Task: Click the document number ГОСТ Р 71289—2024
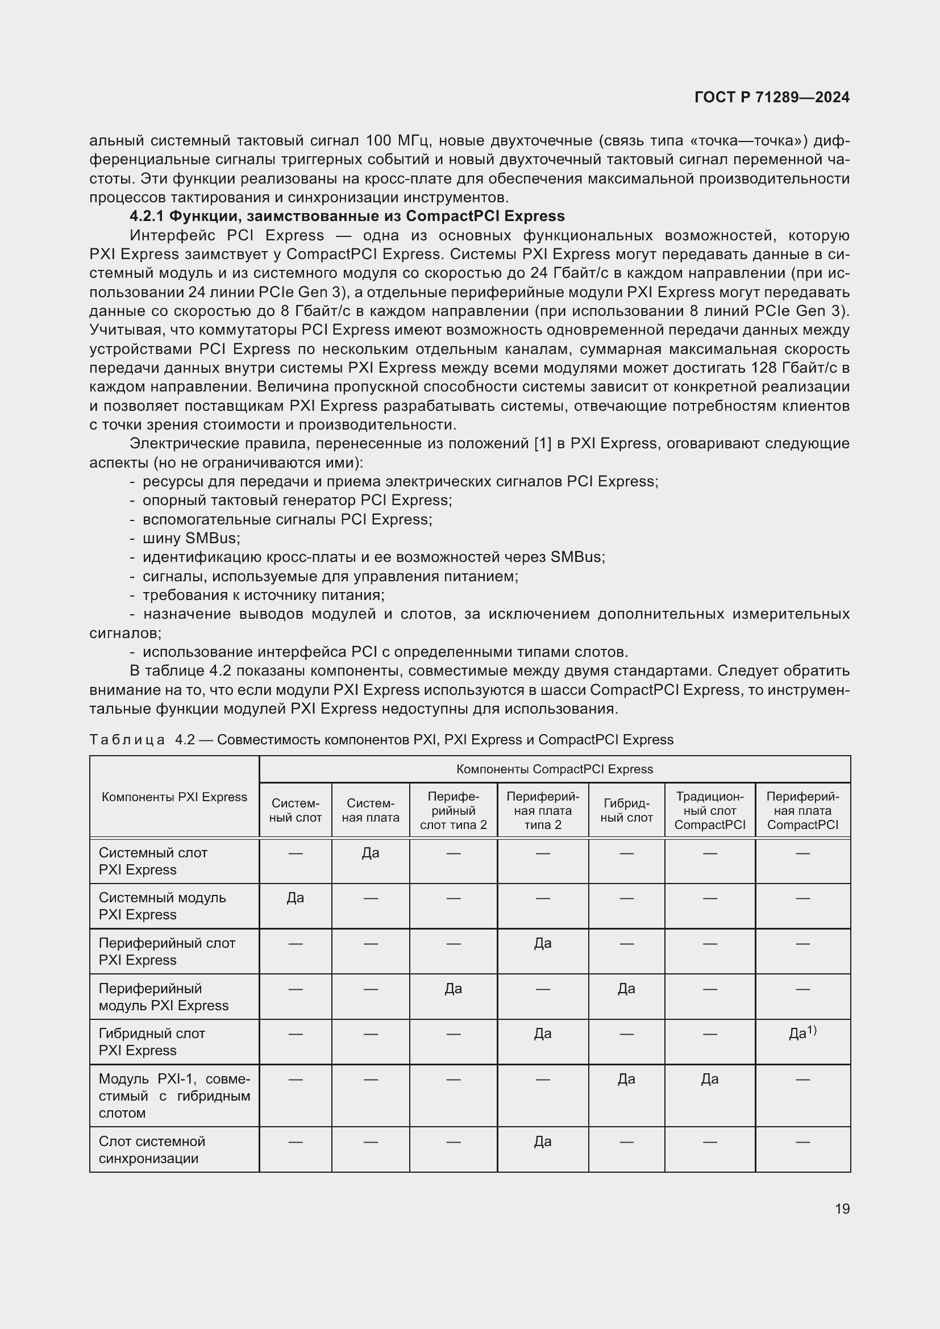point(772,97)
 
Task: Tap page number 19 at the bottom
point(842,1209)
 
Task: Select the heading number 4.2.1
point(147,216)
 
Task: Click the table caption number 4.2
point(185,740)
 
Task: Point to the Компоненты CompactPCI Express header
point(554,769)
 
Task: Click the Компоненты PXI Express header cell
point(174,797)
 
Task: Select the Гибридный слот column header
point(626,810)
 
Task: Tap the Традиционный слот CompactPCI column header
point(710,810)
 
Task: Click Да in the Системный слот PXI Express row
point(371,853)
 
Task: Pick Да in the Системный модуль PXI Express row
point(295,898)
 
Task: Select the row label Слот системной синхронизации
point(152,1149)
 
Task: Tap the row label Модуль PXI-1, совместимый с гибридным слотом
point(174,1095)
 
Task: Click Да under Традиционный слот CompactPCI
point(710,1079)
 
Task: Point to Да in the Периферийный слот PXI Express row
point(542,944)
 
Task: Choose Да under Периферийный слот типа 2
point(453,989)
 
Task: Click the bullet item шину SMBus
point(191,538)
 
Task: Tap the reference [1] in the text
point(542,444)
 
